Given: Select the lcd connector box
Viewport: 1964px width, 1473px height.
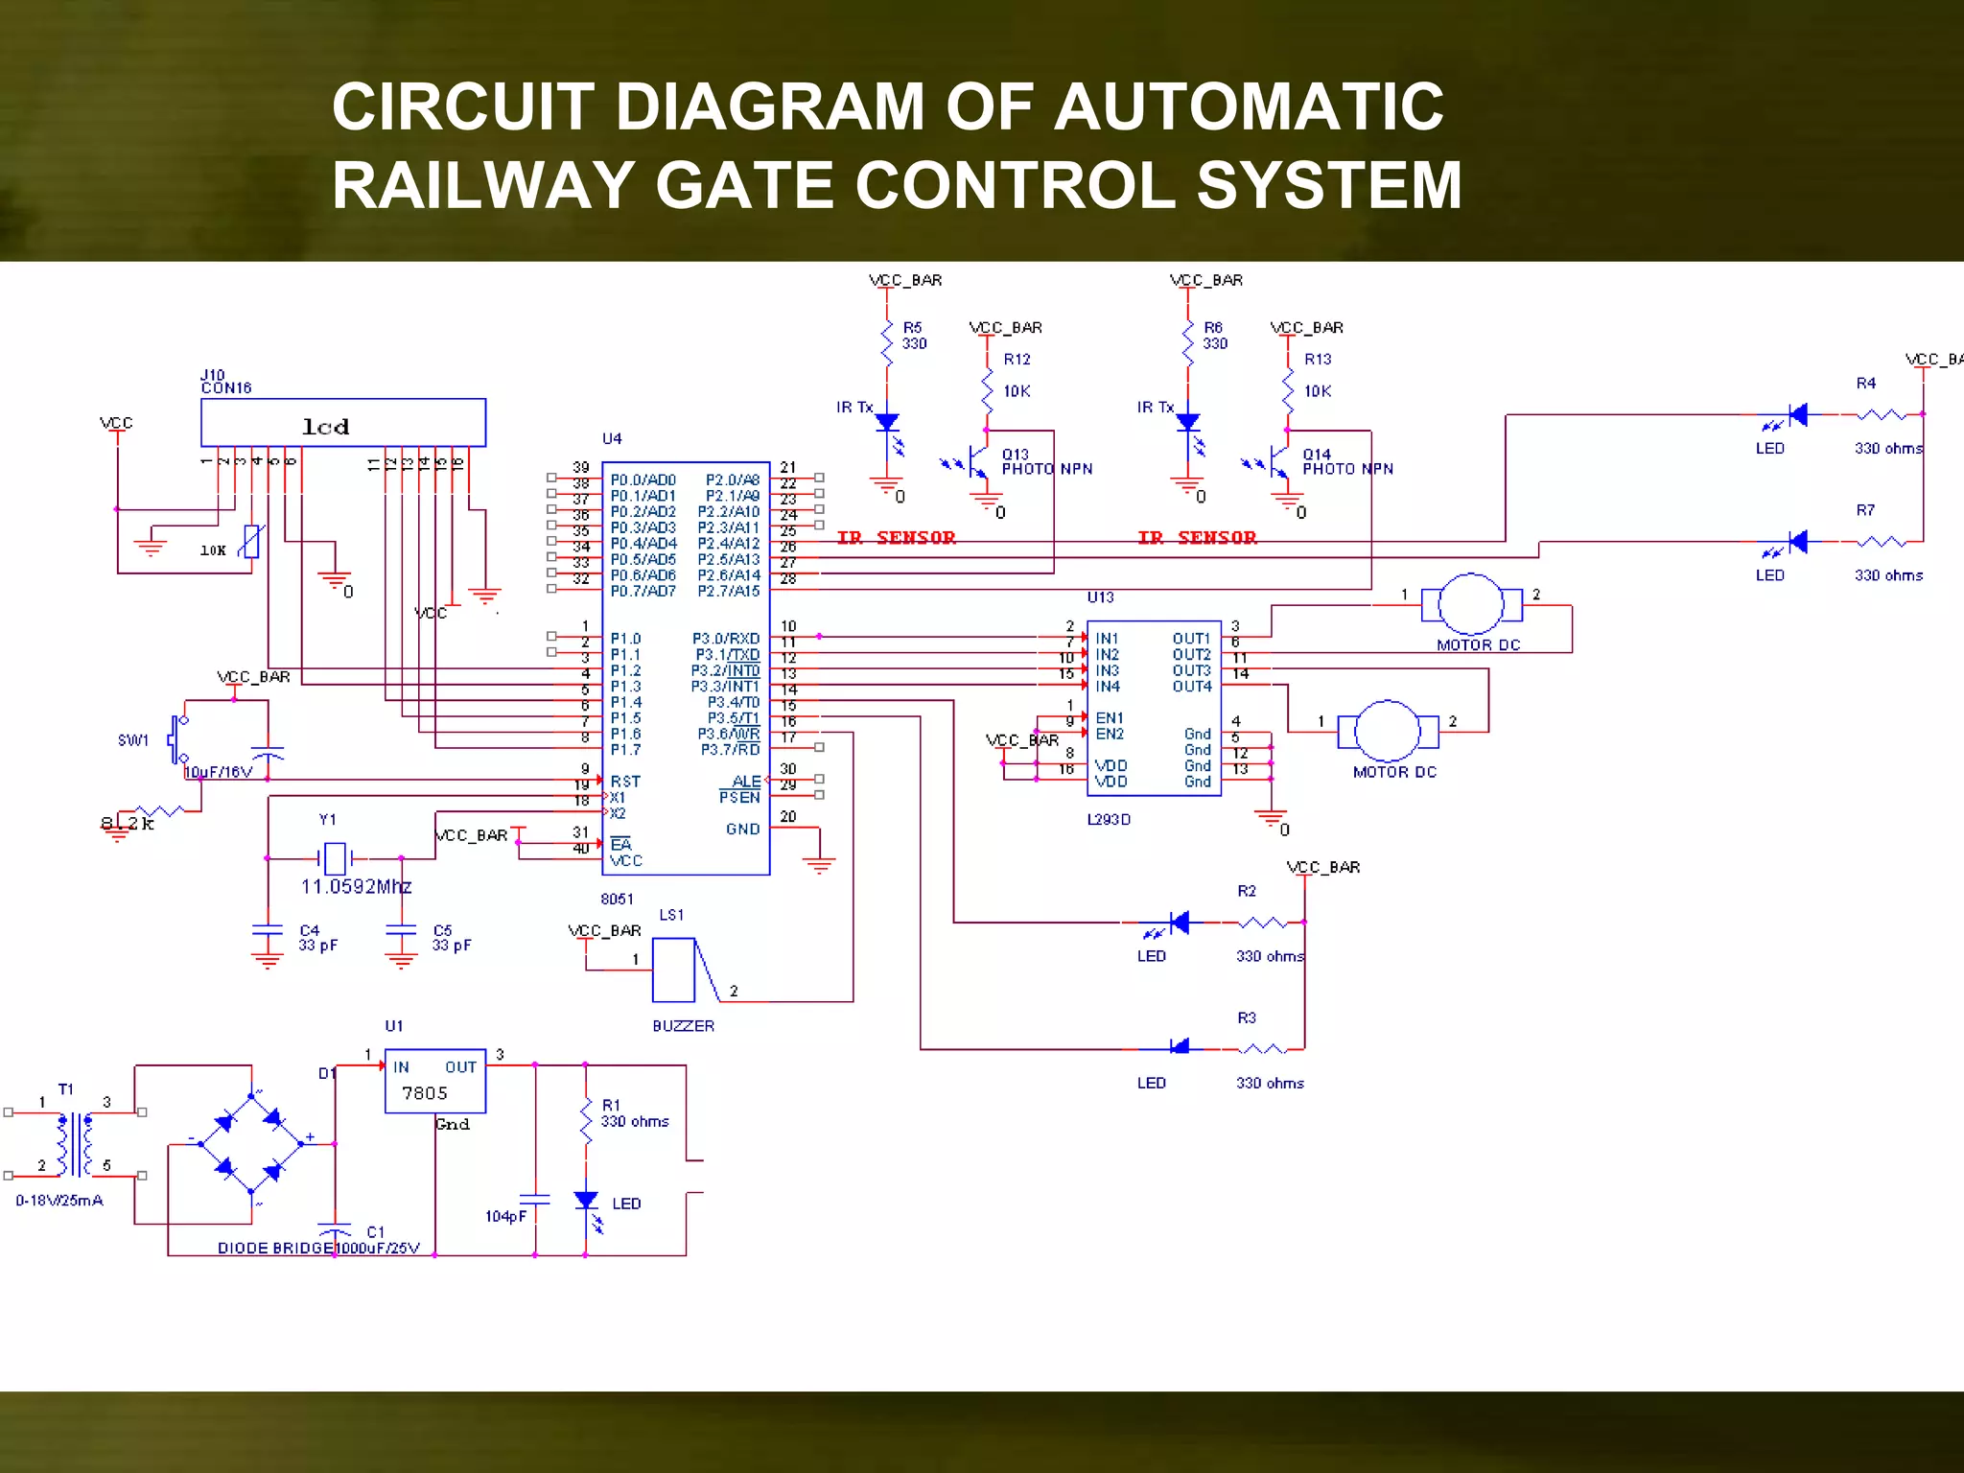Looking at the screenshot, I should click(342, 423).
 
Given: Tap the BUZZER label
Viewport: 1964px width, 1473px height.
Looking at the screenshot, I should click(683, 1026).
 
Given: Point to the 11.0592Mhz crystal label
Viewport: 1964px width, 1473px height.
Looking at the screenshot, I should click(356, 887).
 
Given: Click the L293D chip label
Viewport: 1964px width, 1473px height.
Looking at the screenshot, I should click(1109, 820).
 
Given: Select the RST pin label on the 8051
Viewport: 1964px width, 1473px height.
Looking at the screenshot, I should click(625, 782).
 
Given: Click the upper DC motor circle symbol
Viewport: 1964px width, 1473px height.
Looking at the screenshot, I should click(1470, 605).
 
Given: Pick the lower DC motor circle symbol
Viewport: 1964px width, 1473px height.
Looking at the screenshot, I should click(1387, 732).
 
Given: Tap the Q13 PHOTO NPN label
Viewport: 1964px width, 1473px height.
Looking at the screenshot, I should click(1046, 462).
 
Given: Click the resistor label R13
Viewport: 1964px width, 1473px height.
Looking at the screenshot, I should click(1317, 360).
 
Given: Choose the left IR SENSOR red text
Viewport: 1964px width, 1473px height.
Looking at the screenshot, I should click(896, 538).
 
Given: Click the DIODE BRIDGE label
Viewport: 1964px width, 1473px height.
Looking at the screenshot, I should click(275, 1249).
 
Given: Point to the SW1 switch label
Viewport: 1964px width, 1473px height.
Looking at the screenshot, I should click(133, 740).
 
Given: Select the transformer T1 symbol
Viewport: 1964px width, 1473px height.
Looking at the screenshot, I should click(75, 1144).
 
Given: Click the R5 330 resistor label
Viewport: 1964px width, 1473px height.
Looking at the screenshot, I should click(913, 336).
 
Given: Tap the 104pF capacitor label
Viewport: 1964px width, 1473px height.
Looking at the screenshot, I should click(505, 1217).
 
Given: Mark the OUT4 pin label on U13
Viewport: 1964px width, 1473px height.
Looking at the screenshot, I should click(1191, 687).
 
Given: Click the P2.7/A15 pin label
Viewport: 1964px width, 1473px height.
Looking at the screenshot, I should click(728, 592).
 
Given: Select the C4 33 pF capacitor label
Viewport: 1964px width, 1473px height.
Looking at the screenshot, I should click(317, 938).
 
